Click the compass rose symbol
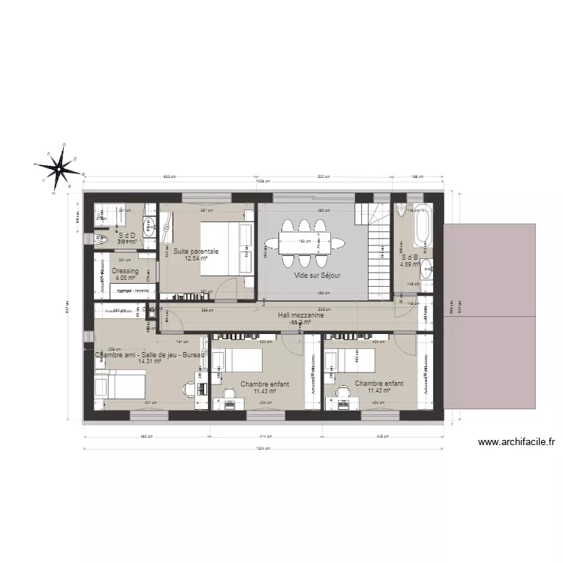[x=60, y=167]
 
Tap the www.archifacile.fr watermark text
[x=516, y=443]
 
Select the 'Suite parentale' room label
[x=196, y=251]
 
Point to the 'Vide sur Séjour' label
[x=318, y=275]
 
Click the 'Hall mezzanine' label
[x=300, y=316]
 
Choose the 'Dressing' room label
[x=125, y=271]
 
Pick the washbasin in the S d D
[x=149, y=226]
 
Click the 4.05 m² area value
[x=125, y=278]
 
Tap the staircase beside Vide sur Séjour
[x=379, y=247]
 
